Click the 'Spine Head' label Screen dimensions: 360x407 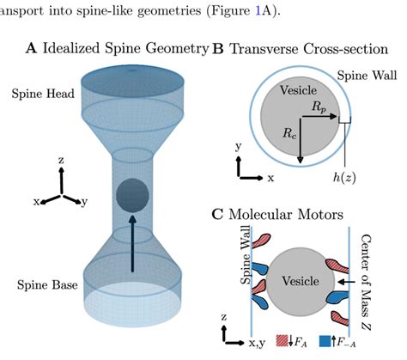[33, 92]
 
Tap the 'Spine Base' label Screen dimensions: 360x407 [33, 284]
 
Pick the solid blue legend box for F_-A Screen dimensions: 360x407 [325, 342]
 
